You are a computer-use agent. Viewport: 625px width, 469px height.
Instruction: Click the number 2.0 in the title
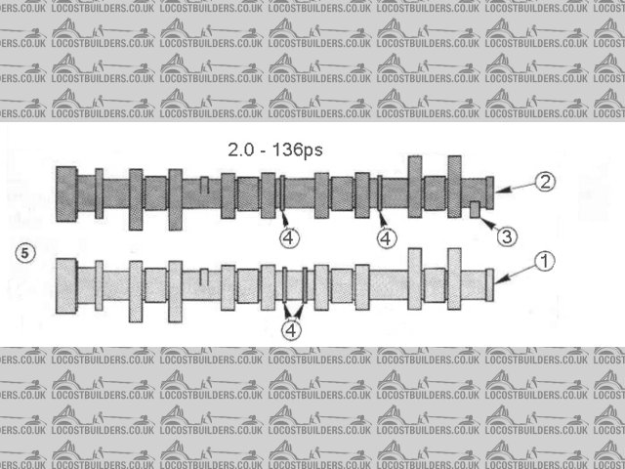(x=241, y=150)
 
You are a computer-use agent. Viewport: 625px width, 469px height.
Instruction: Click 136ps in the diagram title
(x=297, y=150)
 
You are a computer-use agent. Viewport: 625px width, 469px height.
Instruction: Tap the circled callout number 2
(x=545, y=182)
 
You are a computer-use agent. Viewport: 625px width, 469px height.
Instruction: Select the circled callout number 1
(x=545, y=262)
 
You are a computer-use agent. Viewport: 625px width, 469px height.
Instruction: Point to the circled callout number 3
(x=507, y=236)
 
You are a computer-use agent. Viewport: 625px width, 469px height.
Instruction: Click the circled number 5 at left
(x=25, y=253)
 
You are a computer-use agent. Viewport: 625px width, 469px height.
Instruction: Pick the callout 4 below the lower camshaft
(x=291, y=330)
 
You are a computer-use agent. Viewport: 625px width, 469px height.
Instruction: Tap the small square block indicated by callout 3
(x=475, y=210)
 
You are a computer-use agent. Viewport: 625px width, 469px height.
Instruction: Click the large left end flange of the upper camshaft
(x=66, y=194)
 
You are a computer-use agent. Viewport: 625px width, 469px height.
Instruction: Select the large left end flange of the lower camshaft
(x=66, y=286)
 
